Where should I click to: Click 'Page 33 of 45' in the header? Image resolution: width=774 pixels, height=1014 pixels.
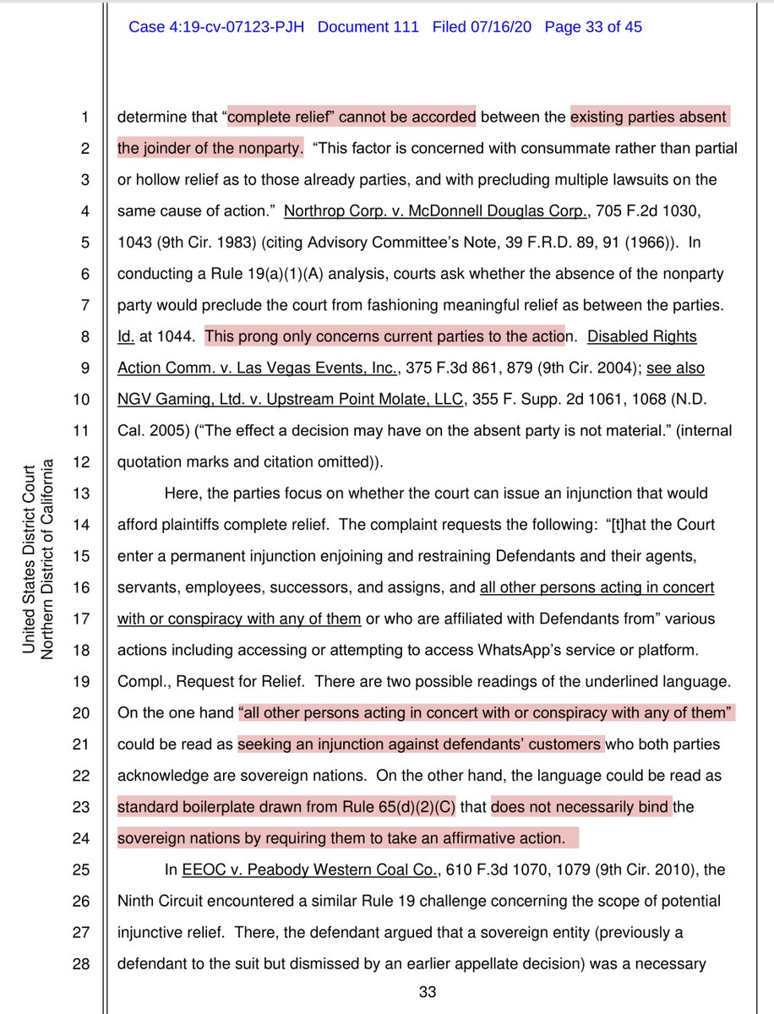pos(593,27)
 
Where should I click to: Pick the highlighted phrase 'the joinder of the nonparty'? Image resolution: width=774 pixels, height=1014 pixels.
pos(210,148)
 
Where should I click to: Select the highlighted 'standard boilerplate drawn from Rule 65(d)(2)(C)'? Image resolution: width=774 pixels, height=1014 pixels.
pos(287,807)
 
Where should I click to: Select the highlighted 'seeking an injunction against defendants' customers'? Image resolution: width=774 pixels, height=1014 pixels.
pos(420,744)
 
